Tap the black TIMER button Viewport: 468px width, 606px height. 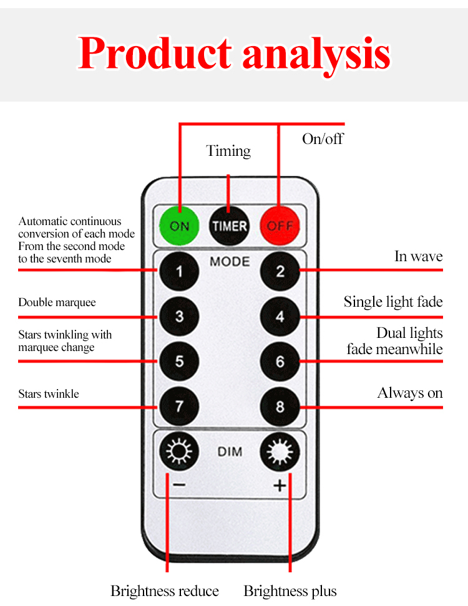tap(229, 226)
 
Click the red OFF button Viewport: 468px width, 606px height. tap(280, 226)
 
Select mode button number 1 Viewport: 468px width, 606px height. tap(179, 271)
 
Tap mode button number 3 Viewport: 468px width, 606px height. tap(179, 316)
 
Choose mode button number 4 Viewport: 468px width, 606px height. tap(280, 316)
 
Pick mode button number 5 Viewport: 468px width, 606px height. tap(179, 361)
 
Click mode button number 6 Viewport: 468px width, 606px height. tap(280, 361)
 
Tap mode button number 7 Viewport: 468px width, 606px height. tap(179, 406)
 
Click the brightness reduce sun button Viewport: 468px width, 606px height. tap(179, 451)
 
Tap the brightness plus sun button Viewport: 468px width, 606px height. tap(280, 451)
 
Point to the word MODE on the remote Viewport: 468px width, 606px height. tap(230, 261)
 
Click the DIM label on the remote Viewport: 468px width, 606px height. tap(230, 451)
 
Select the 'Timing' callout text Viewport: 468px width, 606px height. tap(228, 151)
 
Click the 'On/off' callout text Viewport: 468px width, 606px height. tap(323, 138)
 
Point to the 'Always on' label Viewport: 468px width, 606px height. tap(410, 393)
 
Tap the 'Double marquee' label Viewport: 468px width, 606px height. tap(57, 303)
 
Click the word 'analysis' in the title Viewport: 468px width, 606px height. tap(316, 55)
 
